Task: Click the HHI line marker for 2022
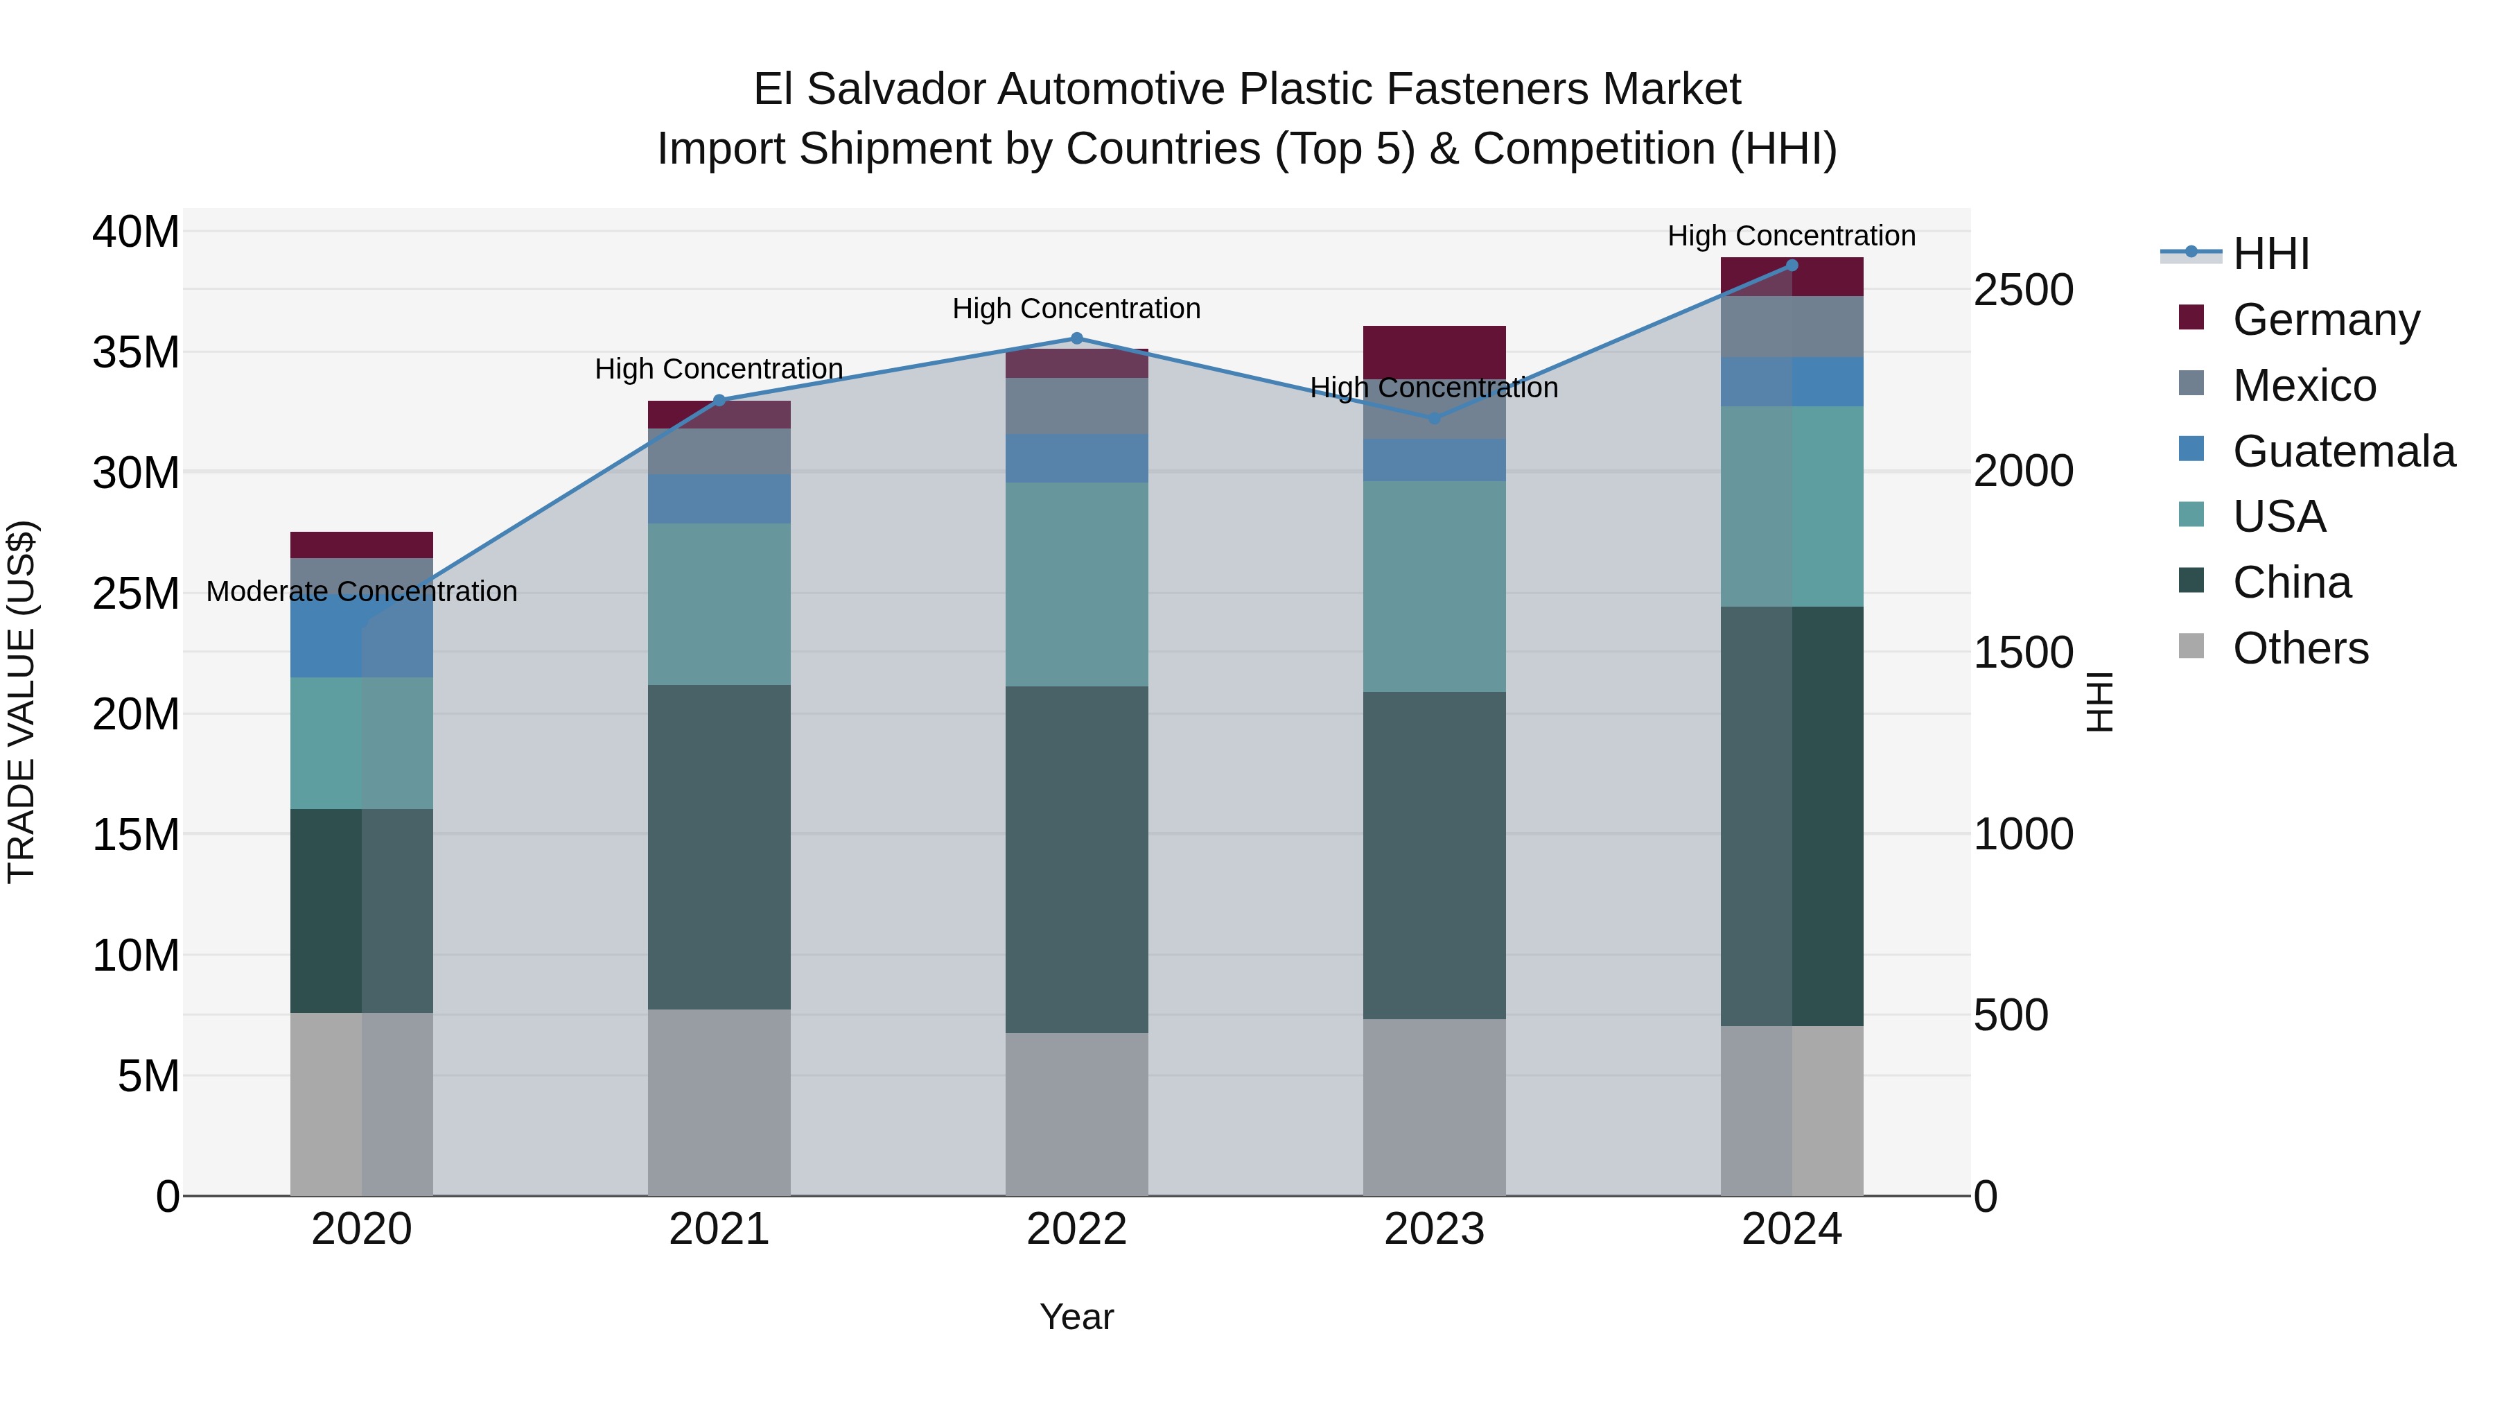pos(1076,339)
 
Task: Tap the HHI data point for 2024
pos(1791,266)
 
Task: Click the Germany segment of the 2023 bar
pos(1435,351)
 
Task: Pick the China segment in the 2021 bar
pos(719,848)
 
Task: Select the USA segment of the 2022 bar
pos(1076,584)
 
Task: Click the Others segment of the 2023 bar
pos(1435,1107)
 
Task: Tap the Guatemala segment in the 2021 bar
pos(719,500)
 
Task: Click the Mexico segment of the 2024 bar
pos(1791,327)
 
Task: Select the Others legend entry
pos(2300,648)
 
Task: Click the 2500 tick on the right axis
pos(2023,291)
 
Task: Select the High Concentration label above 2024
pos(1791,236)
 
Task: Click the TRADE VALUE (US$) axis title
pos(22,702)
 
